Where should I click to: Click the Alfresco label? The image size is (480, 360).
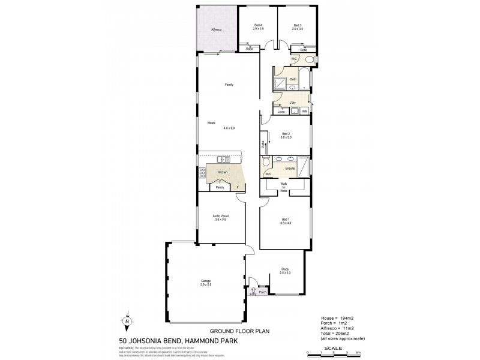[217, 29]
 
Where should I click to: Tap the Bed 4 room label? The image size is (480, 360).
[258, 25]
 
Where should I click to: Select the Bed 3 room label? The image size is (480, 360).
[297, 25]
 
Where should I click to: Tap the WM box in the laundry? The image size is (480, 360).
[305, 111]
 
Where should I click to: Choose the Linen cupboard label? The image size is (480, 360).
[281, 112]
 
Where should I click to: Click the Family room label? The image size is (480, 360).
[229, 85]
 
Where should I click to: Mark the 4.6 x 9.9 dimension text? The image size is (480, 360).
[229, 128]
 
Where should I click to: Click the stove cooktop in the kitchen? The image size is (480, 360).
[202, 173]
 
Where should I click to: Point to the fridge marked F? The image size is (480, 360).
[238, 187]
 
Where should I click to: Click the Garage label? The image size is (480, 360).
[206, 282]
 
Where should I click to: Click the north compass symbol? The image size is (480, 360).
[127, 320]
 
